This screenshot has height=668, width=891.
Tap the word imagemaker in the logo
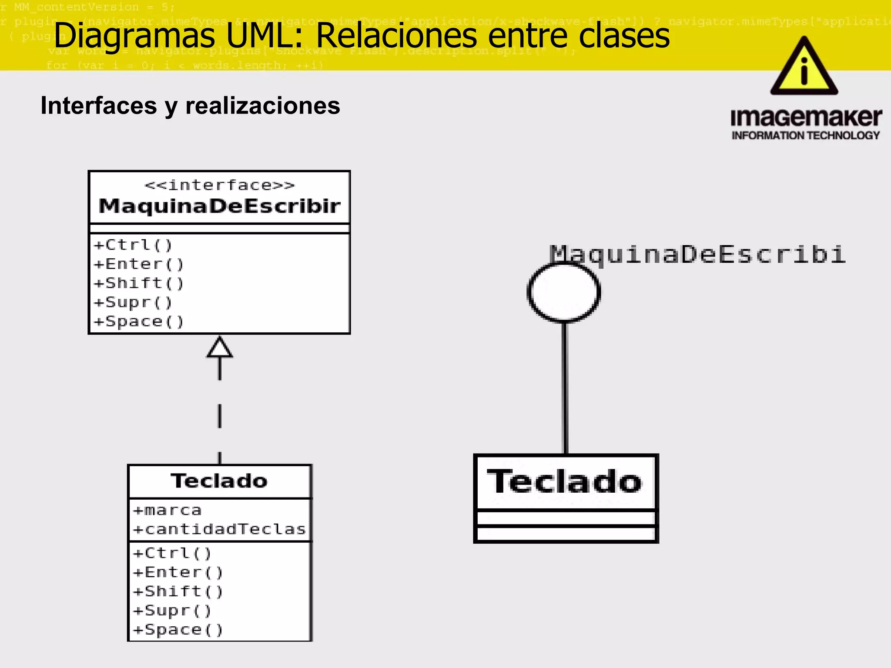806,118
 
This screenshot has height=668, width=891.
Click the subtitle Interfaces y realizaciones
190,106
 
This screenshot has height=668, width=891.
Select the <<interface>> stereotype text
220,185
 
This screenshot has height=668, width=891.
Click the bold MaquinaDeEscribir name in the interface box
219,206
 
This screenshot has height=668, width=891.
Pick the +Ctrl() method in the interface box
133,245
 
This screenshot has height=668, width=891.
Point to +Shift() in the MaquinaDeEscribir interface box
139,283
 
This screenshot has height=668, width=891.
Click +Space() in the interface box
139,321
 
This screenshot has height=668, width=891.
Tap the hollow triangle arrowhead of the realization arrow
219,347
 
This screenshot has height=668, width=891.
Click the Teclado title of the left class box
219,481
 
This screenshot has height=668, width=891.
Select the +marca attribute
167,510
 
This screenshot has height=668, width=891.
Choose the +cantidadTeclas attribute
219,529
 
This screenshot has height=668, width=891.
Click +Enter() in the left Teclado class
178,572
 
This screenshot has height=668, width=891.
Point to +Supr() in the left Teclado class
172,611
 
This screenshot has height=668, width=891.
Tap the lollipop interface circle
564,292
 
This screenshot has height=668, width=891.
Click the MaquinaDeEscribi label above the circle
697,254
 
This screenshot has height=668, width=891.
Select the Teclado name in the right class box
565,482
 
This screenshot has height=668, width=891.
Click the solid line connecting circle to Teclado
565,387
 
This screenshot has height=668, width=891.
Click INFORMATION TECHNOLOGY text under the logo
806,136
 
